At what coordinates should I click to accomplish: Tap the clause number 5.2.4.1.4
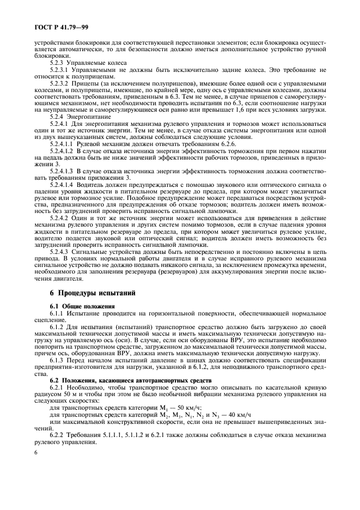click(x=63, y=185)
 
